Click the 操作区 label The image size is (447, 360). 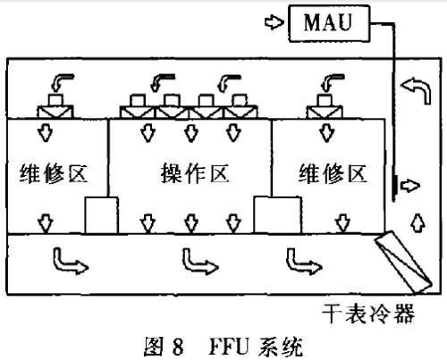pyautogui.click(x=190, y=172)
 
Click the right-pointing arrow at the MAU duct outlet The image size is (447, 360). pyautogui.click(x=408, y=185)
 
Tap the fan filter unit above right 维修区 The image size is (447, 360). pyautogui.click(x=325, y=110)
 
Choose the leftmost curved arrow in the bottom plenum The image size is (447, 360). pyautogui.click(x=65, y=261)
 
